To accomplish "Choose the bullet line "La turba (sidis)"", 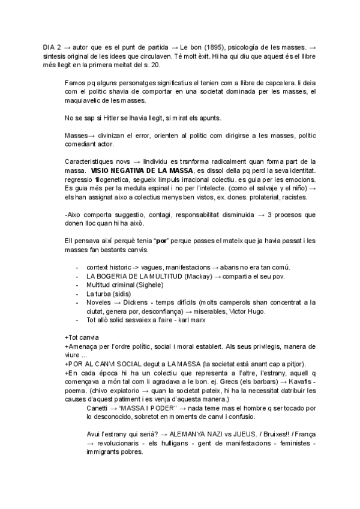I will tap(111, 294).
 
